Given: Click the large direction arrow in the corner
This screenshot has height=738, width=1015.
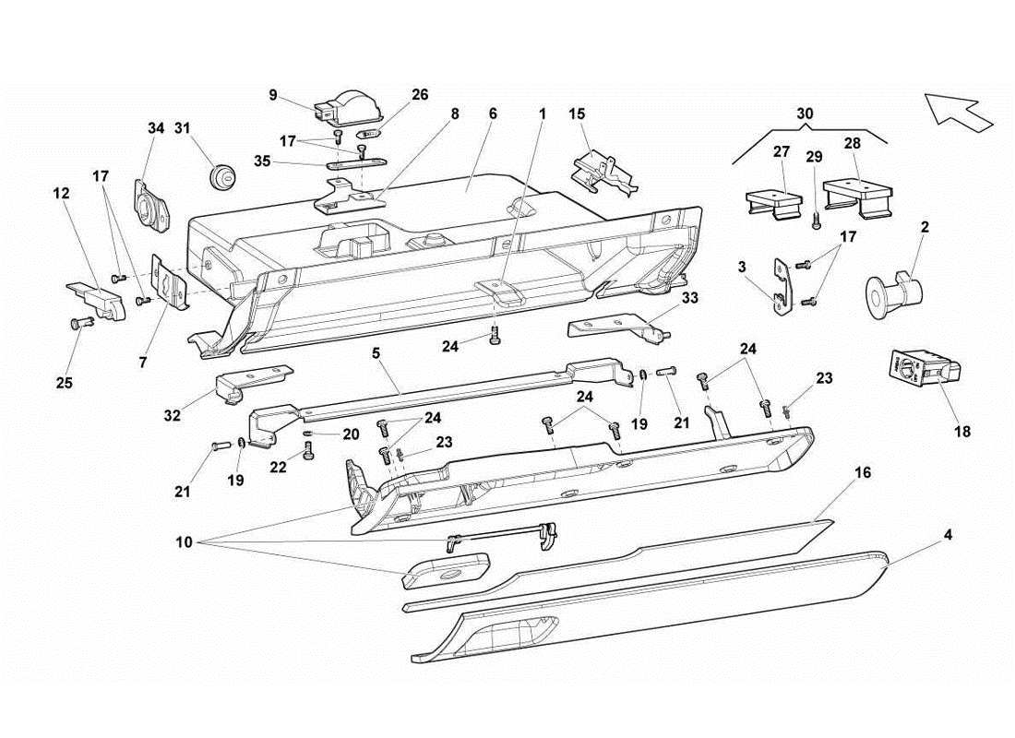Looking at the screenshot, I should [x=958, y=111].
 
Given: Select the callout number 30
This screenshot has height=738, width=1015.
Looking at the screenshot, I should [x=806, y=113].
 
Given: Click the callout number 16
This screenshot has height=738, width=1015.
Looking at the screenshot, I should [x=862, y=472].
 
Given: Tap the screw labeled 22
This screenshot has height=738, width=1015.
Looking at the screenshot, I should [x=308, y=451].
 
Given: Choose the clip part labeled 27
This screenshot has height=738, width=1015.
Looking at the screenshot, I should [x=773, y=203].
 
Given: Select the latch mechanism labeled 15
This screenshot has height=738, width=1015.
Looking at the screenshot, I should [x=602, y=173].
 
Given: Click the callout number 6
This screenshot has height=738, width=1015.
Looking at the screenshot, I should [x=493, y=113].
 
